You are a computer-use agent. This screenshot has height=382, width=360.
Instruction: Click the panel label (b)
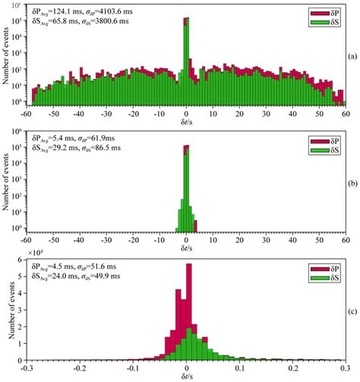(x=352, y=183)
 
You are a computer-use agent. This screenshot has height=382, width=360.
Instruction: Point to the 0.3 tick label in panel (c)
(x=345, y=366)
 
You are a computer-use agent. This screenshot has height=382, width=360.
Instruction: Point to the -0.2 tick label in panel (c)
(x=79, y=366)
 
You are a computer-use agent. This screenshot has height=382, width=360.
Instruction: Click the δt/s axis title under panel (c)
(x=185, y=376)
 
